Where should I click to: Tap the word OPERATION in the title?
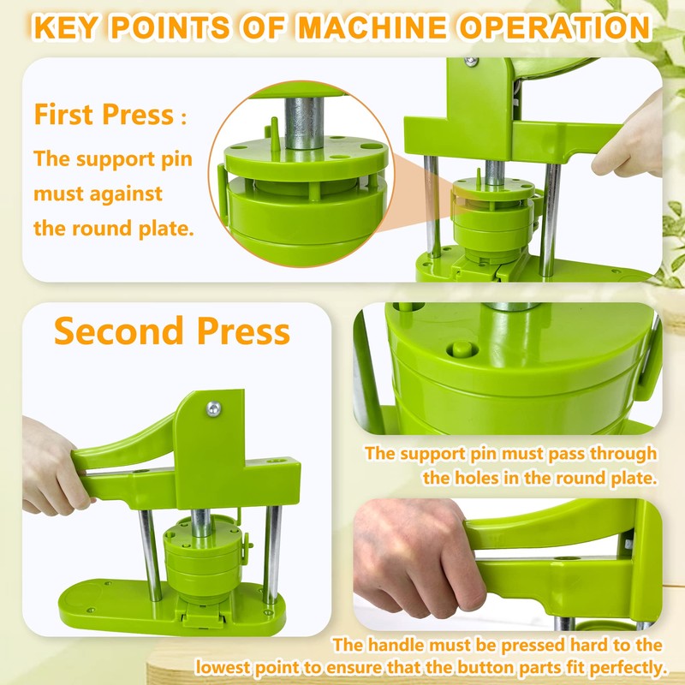pyautogui.click(x=557, y=27)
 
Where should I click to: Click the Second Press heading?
pyautogui.click(x=172, y=331)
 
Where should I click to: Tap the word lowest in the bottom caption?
pyautogui.click(x=232, y=666)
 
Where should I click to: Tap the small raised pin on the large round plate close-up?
pyautogui.click(x=462, y=348)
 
